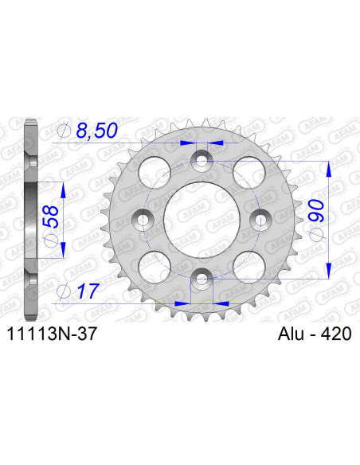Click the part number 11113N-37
pos(53,337)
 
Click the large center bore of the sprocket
pos(202,219)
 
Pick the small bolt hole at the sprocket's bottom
pos(202,277)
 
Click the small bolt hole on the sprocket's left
pos(144,219)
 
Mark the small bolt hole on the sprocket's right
pos(260,219)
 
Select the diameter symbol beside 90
pos(317,232)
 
